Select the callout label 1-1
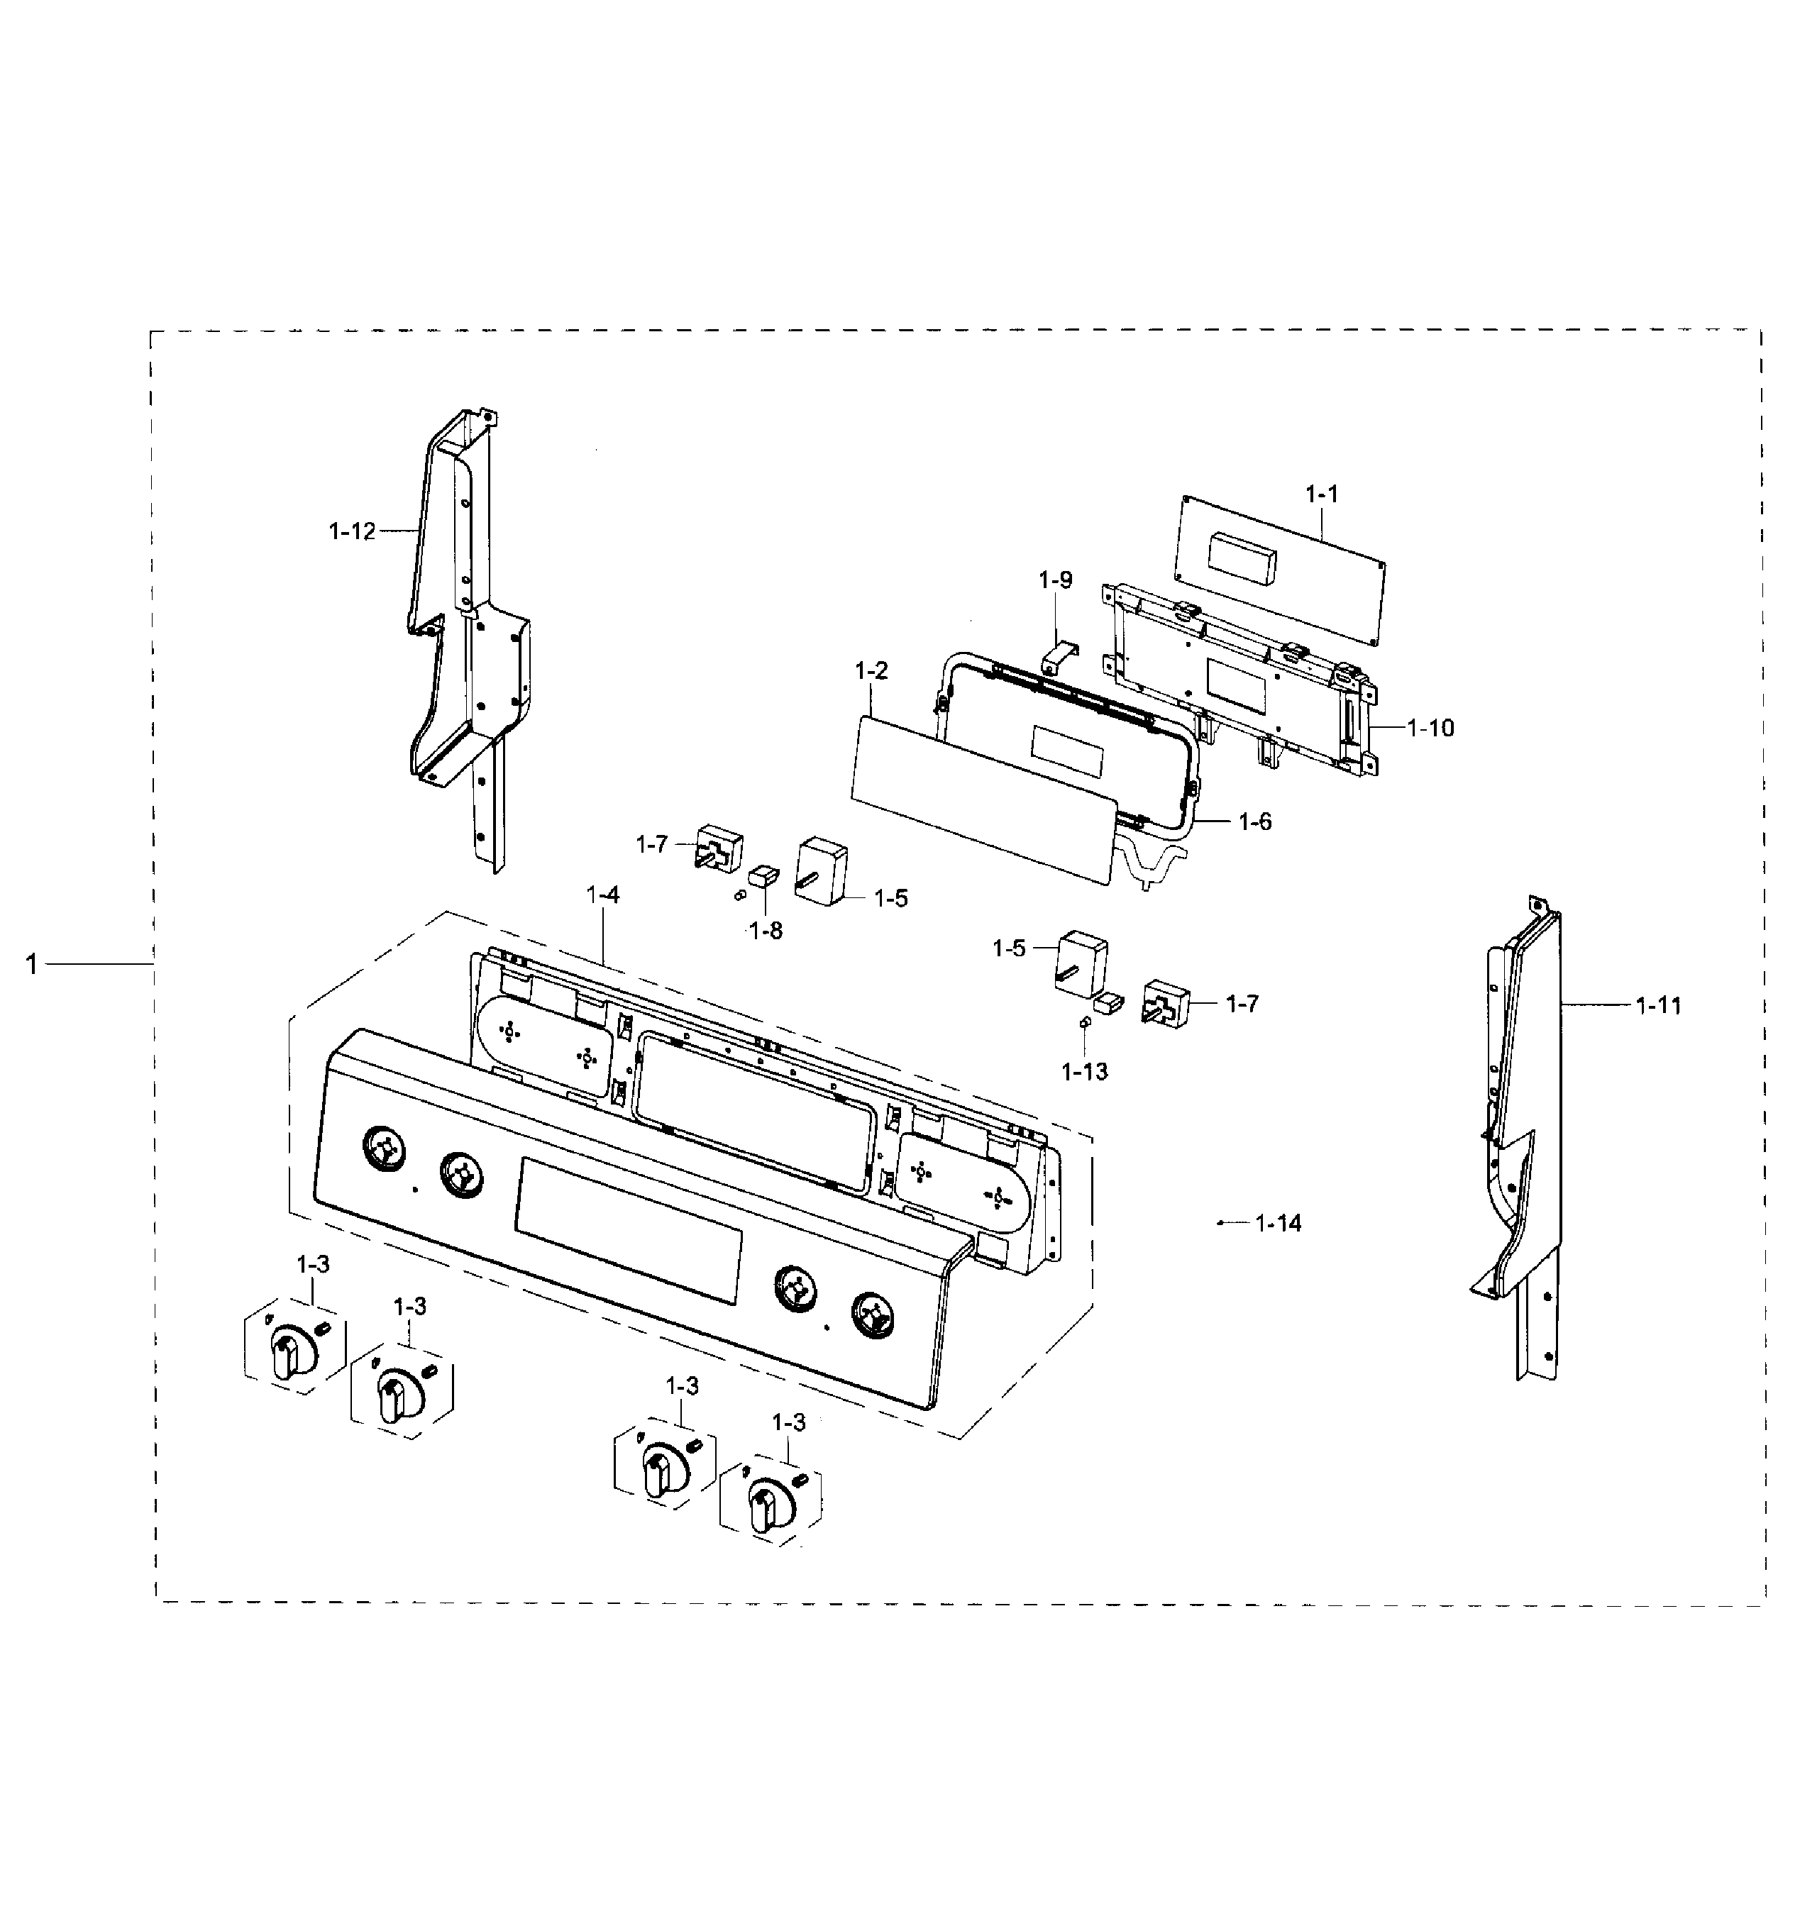[x=1321, y=494]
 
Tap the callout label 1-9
[x=1055, y=580]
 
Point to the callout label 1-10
[x=1430, y=728]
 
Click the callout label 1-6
[x=1254, y=821]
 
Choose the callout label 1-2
[x=871, y=670]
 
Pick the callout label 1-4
[x=602, y=895]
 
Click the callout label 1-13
[x=1084, y=1071]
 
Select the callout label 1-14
[x=1278, y=1224]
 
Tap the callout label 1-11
[x=1659, y=1006]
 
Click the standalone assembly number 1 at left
[x=32, y=964]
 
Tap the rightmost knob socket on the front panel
[x=875, y=1317]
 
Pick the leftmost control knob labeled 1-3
[x=287, y=1354]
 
